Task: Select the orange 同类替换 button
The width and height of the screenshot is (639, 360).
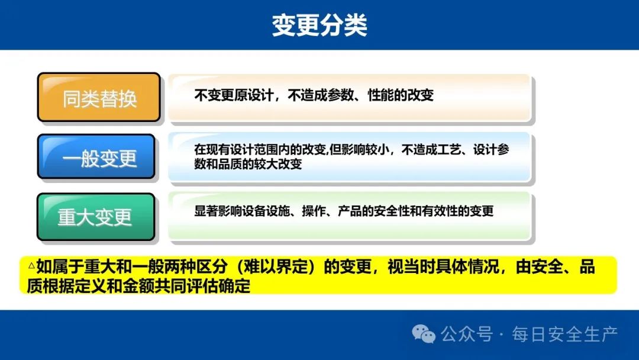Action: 99,98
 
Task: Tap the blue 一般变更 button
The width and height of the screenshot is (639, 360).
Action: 96,156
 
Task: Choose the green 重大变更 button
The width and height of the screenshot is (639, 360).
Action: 96,217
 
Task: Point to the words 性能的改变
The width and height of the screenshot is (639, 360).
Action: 401,95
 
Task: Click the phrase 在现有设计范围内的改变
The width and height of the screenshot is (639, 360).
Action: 260,150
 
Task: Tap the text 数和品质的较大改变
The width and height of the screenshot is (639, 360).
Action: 248,164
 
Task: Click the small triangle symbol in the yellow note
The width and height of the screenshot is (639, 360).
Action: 32,266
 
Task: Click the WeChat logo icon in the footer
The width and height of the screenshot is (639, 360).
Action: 424,334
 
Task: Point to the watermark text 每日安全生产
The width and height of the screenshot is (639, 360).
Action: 565,335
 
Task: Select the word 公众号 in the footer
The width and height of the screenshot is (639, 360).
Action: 467,335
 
